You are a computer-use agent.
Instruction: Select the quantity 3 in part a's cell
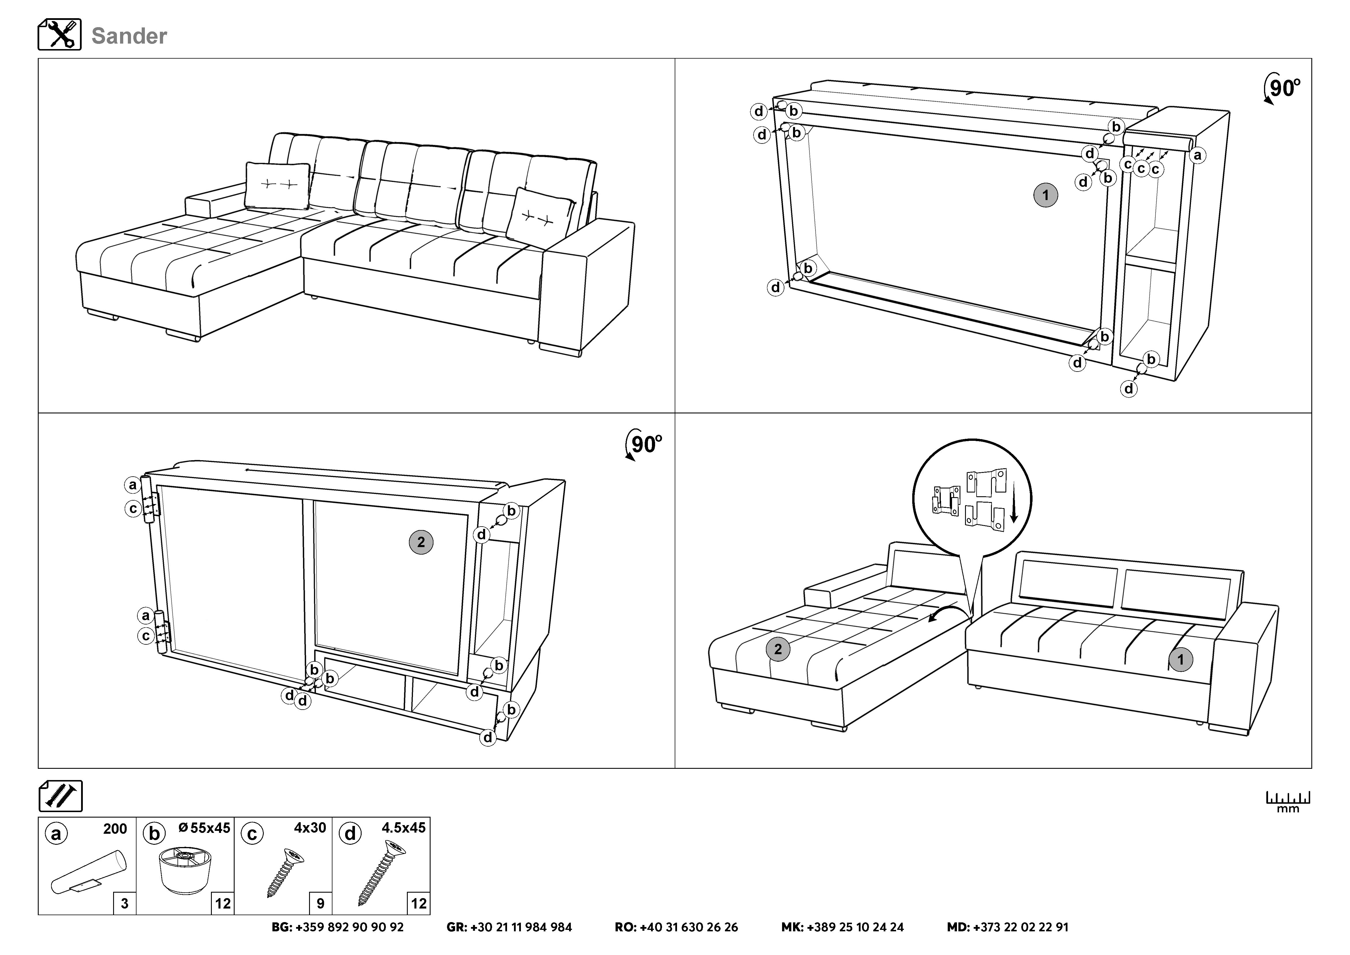[x=124, y=903]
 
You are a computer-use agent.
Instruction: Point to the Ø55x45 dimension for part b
[x=204, y=828]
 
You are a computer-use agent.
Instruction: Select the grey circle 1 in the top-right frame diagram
[x=1046, y=195]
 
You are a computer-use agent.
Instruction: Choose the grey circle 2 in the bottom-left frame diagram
[x=421, y=542]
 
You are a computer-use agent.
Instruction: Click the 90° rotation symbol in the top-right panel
[x=1282, y=88]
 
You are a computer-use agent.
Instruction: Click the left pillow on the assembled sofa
[x=278, y=185]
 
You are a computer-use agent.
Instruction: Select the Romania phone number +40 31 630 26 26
[x=676, y=927]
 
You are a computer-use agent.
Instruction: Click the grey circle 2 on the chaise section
[x=778, y=649]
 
